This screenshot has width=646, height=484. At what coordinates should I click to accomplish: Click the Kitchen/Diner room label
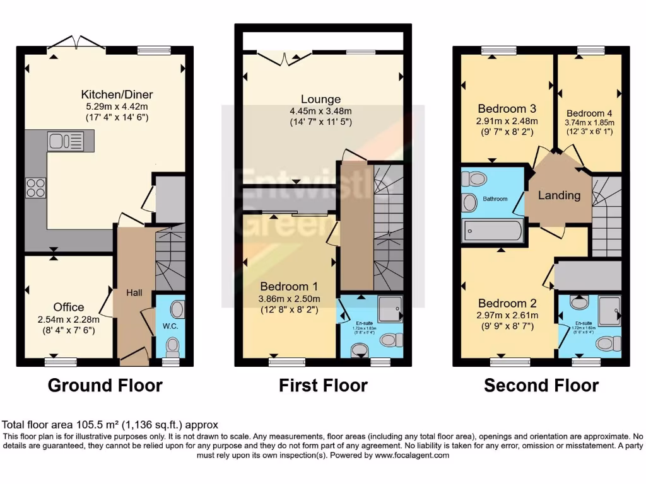[117, 95]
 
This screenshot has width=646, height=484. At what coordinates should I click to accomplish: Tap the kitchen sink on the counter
[62, 141]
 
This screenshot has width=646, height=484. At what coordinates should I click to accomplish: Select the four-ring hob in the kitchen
[35, 187]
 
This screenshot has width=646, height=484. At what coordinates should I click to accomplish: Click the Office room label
[68, 307]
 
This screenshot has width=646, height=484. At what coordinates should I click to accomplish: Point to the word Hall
[134, 292]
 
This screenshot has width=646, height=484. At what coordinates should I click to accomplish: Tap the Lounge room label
[320, 99]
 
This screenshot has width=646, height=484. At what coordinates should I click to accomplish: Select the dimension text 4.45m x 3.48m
[320, 111]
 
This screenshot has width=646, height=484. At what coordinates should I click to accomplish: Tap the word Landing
[559, 195]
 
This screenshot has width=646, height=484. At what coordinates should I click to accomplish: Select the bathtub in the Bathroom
[493, 231]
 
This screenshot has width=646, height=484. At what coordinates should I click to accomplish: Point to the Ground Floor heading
[105, 385]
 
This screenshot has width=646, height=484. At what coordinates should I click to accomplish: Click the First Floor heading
[323, 385]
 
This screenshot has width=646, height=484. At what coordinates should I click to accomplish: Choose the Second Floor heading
[541, 385]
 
